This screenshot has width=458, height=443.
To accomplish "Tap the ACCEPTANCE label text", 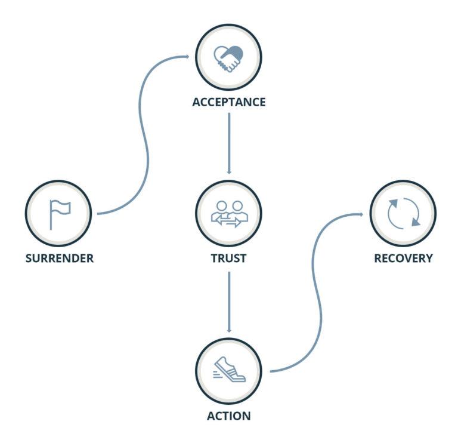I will pyautogui.click(x=229, y=102).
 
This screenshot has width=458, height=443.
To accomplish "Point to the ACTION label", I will pyautogui.click(x=229, y=415).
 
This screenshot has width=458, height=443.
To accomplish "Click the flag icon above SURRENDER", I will pyautogui.click(x=60, y=213).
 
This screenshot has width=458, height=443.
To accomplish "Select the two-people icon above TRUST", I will pyautogui.click(x=229, y=213).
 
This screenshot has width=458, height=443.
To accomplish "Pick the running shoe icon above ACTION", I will pyautogui.click(x=229, y=370).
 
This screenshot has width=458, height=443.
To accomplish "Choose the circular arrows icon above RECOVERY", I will pyautogui.click(x=403, y=213).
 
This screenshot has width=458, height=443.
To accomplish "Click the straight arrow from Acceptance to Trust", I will pyautogui.click(x=229, y=143).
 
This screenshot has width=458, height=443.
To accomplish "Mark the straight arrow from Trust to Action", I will pyautogui.click(x=229, y=302).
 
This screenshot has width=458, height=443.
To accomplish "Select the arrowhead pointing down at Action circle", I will pyautogui.click(x=229, y=330).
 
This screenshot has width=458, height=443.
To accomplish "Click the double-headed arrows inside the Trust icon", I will pyautogui.click(x=229, y=222).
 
